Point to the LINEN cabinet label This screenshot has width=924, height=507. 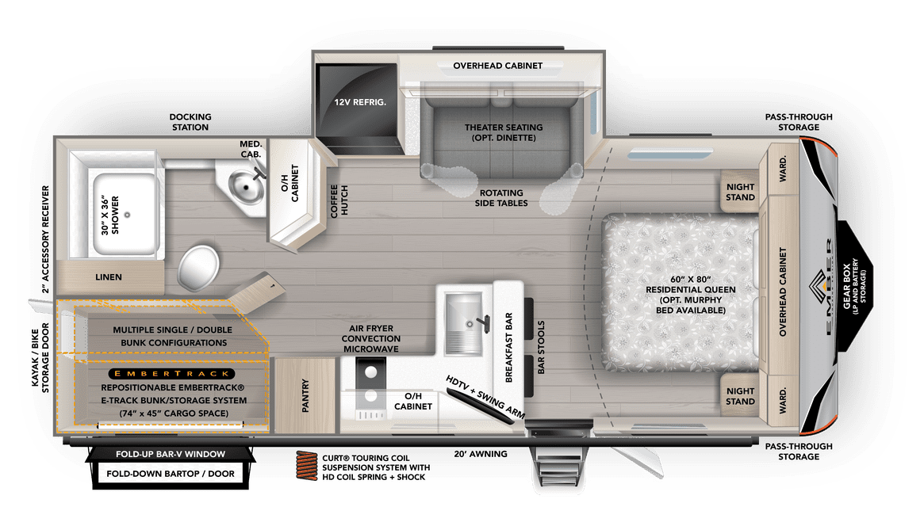(x=109, y=277)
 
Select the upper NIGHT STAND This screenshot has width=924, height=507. (x=740, y=193)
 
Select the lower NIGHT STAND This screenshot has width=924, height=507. (x=740, y=396)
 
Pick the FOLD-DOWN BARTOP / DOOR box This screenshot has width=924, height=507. (x=171, y=475)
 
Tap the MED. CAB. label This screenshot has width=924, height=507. (x=251, y=148)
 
